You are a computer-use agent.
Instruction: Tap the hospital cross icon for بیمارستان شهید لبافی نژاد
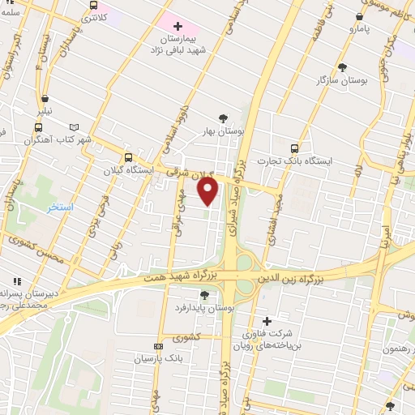178,27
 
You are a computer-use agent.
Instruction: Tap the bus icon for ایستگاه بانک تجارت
294,148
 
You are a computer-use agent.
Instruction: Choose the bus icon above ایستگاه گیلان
128,158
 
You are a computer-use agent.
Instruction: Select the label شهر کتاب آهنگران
61,139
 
